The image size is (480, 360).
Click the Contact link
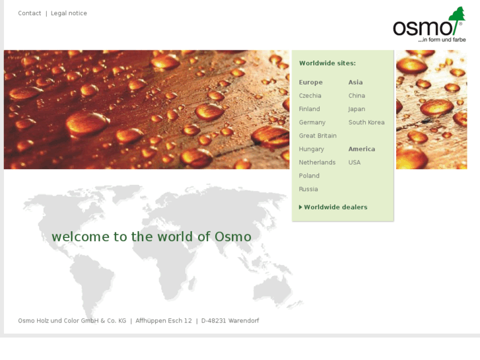click(30, 13)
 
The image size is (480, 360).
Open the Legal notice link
click(69, 13)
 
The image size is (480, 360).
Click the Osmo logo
click(429, 26)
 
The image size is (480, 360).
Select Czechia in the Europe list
click(310, 96)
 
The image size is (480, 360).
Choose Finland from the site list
click(309, 109)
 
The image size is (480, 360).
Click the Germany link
click(312, 122)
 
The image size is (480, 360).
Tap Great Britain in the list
click(318, 135)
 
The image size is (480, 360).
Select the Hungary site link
click(311, 149)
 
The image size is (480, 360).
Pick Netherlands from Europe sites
click(317, 162)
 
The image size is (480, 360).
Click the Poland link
click(309, 176)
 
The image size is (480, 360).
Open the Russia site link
click(308, 189)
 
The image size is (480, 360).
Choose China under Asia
click(357, 96)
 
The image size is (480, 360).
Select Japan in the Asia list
click(357, 109)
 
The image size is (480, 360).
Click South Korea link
click(366, 122)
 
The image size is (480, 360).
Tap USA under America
click(355, 162)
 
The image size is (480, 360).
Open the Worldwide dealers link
click(335, 207)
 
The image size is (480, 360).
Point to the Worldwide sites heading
click(327, 63)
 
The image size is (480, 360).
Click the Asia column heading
click(355, 83)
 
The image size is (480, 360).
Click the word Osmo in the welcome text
click(232, 236)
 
